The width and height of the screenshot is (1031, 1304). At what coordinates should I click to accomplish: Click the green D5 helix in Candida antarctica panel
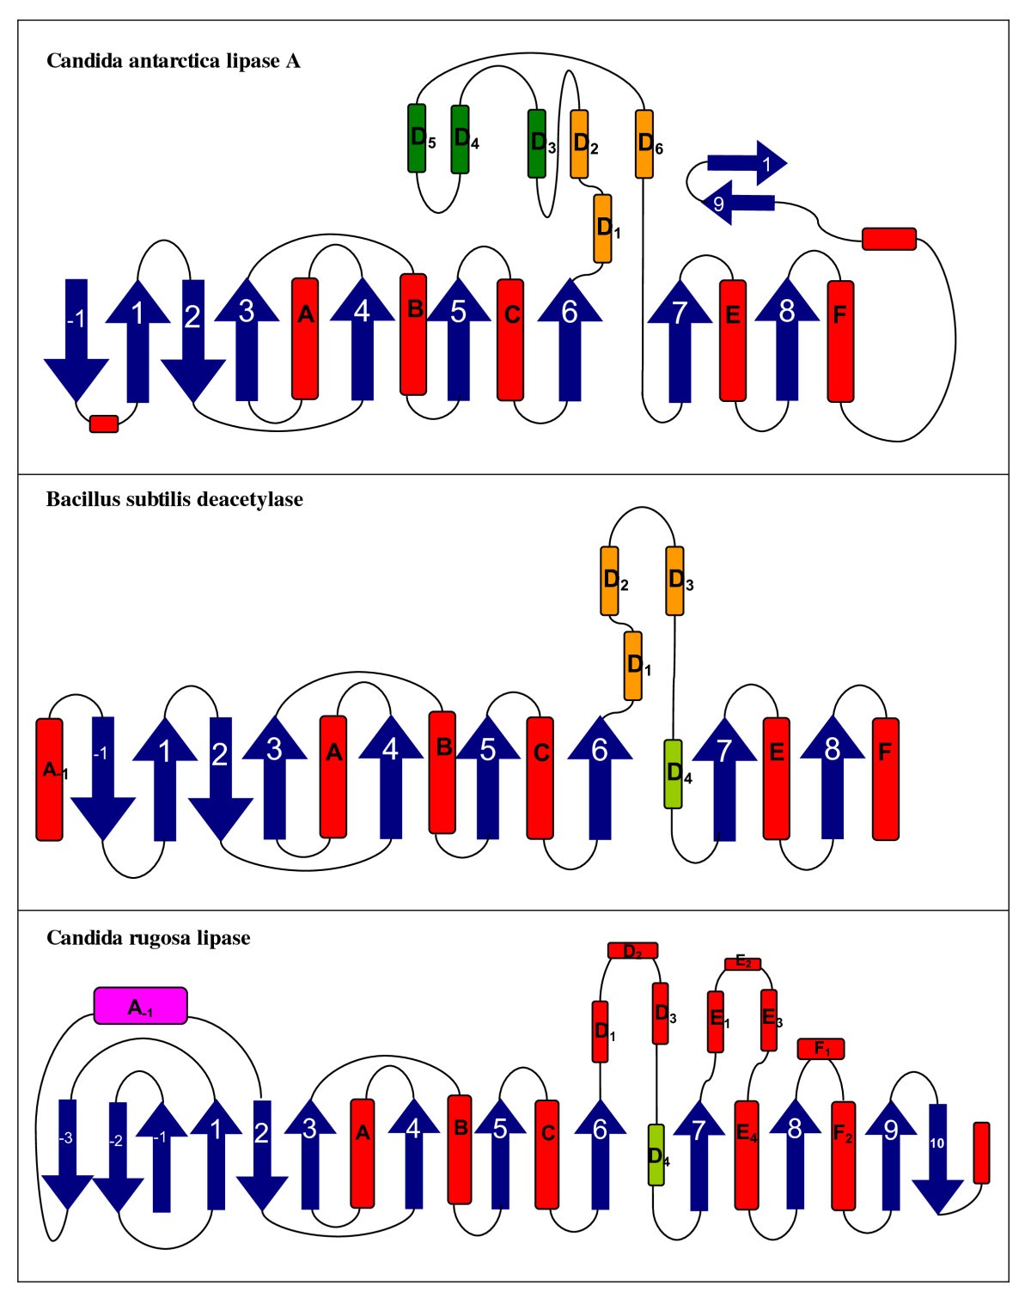417,138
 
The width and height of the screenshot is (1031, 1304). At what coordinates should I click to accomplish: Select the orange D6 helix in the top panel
644,143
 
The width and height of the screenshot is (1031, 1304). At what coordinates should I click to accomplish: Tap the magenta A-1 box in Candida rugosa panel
140,1006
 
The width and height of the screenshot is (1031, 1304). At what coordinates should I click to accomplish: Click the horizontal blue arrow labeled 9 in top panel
737,204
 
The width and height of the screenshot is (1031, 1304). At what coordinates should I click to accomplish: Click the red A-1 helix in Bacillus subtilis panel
49,778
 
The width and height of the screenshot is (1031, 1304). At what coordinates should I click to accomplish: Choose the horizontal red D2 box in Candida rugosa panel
632,951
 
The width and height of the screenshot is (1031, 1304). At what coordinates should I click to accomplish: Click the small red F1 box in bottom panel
821,1049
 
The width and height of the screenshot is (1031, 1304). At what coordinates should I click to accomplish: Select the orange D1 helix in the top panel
603,229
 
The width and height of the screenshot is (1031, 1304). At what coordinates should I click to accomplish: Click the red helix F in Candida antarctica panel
840,341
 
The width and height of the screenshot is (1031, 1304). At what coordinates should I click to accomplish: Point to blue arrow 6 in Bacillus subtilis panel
600,777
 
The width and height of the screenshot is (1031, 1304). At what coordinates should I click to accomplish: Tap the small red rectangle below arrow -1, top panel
104,423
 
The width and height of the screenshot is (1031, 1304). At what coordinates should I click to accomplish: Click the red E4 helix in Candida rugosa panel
747,1154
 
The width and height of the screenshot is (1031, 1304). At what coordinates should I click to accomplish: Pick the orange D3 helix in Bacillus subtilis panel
675,581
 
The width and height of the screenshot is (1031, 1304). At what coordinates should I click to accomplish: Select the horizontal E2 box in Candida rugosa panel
742,964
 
